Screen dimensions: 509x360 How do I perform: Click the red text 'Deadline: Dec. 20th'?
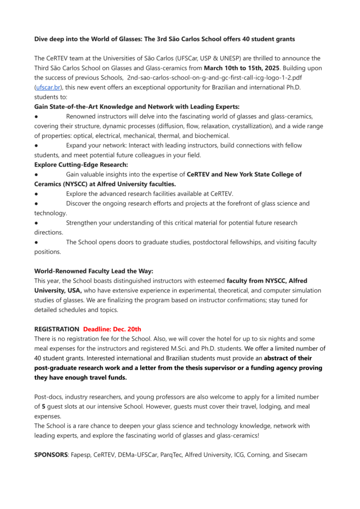point(112,329)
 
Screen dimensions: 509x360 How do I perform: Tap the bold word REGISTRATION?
point(57,329)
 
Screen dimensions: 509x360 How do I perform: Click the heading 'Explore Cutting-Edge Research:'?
point(81,165)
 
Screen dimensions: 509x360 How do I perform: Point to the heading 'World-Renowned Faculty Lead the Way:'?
point(93,271)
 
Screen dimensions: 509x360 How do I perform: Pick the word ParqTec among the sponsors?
point(171,454)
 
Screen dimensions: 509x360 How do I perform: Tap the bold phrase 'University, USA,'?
point(58,290)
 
